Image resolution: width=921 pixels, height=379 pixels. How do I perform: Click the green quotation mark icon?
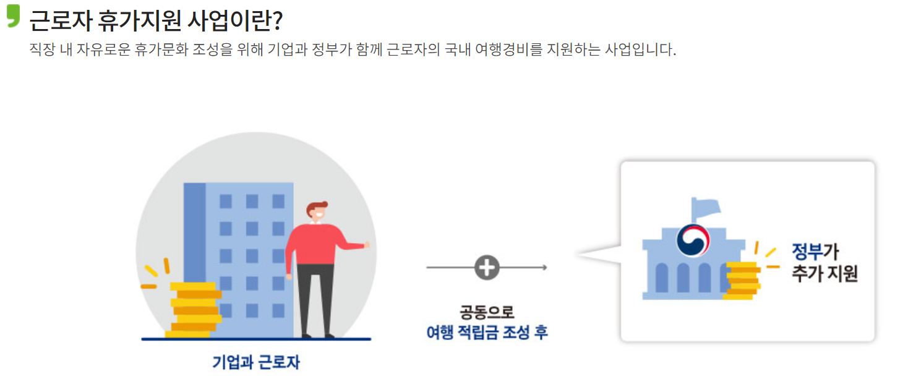[14, 16]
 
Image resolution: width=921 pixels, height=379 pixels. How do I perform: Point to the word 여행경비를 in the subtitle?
[505, 49]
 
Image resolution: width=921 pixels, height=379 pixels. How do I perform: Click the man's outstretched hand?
[367, 245]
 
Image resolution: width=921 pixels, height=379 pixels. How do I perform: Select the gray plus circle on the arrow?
[487, 268]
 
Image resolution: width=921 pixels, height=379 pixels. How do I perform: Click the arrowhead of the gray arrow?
[544, 268]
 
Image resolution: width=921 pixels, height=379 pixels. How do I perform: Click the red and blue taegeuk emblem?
[693, 240]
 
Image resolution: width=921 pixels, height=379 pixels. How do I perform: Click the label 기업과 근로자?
[256, 362]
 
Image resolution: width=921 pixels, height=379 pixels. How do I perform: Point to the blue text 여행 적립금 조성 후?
[487, 333]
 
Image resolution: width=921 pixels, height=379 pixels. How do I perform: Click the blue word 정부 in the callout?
[807, 252]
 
